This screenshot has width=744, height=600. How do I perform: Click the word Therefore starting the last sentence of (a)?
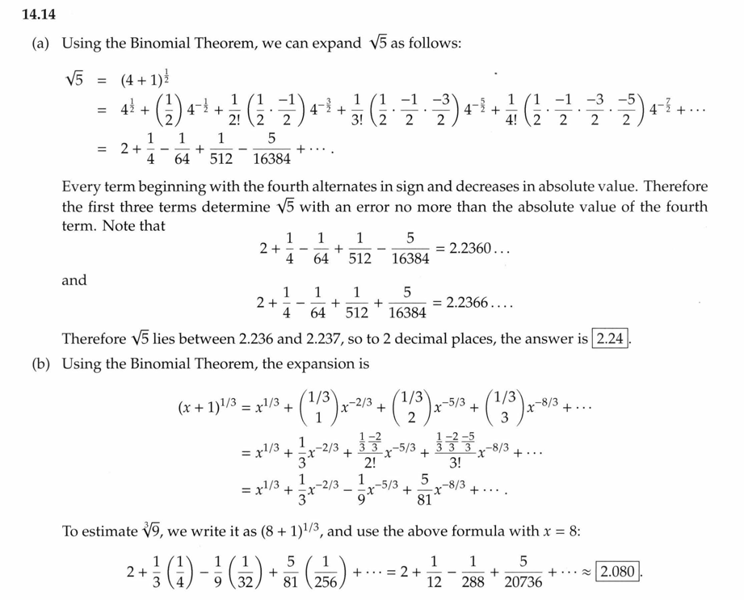93,338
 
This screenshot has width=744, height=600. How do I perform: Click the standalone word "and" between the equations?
74,280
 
